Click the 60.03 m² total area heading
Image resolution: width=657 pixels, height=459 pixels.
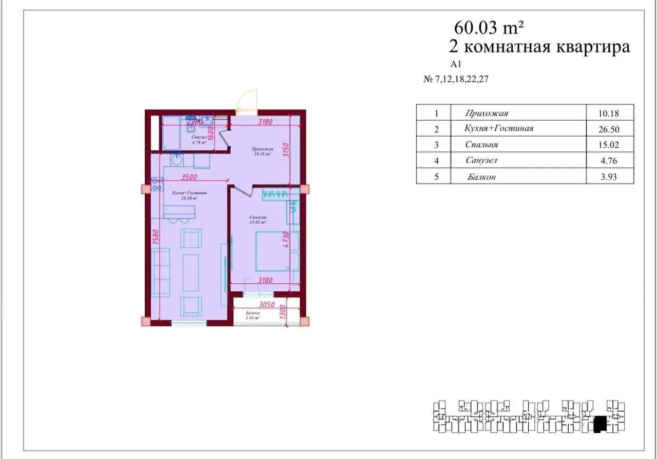[x=488, y=26]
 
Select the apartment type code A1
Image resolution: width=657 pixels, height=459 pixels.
[x=456, y=64]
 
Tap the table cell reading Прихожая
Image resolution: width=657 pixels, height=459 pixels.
[x=486, y=113]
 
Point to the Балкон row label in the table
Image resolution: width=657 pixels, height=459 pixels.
[x=481, y=177]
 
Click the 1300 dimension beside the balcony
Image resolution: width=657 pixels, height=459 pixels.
[x=282, y=311]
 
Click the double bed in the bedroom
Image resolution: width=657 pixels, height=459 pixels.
[x=273, y=251]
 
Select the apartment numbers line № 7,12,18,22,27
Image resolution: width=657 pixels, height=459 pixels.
[x=455, y=80]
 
